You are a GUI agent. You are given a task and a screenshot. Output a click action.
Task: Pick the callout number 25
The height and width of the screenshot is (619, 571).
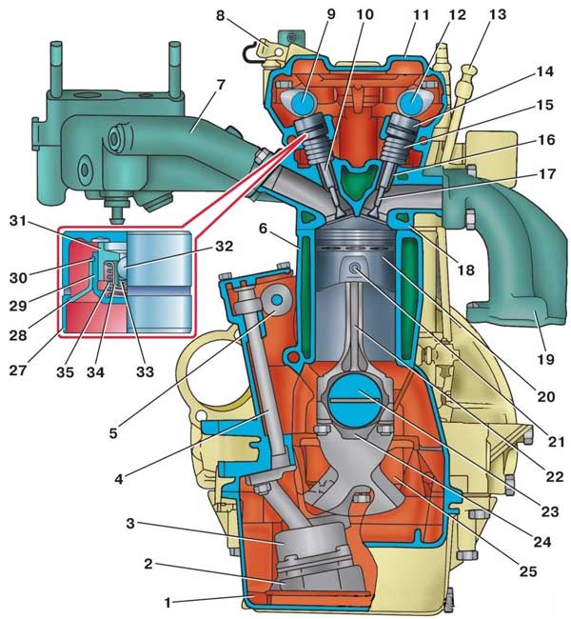tap(528, 571)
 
